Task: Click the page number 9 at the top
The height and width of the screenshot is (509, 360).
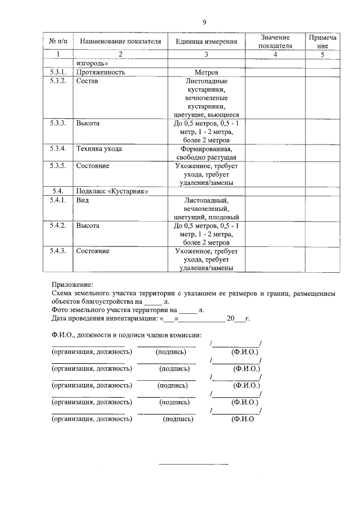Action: tap(205, 22)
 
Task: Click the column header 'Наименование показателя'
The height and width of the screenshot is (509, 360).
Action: tap(120, 42)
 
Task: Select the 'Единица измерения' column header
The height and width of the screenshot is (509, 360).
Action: tap(206, 42)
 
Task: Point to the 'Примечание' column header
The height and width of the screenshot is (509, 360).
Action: tap(322, 42)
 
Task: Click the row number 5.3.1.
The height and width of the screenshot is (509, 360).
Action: tap(58, 73)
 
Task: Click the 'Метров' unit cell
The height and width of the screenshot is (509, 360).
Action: tap(206, 73)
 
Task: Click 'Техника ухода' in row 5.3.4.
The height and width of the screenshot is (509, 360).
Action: tap(99, 149)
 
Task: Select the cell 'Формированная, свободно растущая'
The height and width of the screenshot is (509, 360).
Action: tap(206, 154)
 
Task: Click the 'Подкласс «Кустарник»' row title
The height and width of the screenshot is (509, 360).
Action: tap(112, 191)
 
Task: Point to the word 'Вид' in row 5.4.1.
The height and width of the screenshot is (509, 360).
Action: tap(83, 200)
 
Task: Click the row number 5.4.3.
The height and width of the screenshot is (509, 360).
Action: tap(58, 251)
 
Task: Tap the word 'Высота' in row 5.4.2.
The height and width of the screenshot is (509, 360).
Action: tap(88, 226)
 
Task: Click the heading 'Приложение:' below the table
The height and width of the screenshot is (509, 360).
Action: tap(72, 285)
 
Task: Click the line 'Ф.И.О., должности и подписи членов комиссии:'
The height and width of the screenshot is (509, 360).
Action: tap(130, 336)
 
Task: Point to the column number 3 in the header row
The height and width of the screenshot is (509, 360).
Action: tap(206, 55)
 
